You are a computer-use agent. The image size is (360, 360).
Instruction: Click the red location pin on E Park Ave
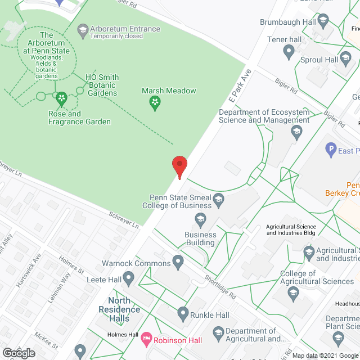click(179, 167)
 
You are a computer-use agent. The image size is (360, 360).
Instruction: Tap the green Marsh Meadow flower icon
click(154, 102)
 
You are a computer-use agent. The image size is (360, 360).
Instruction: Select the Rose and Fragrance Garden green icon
click(62, 100)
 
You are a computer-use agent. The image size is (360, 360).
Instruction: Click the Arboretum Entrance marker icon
click(83, 30)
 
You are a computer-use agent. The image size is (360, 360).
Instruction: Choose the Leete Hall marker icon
click(128, 277)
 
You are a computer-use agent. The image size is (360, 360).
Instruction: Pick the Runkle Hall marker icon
click(182, 313)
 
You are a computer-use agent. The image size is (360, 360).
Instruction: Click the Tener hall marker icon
click(289, 53)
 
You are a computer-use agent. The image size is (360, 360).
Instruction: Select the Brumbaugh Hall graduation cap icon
click(322, 22)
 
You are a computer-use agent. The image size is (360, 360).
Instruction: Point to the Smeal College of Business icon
click(219, 199)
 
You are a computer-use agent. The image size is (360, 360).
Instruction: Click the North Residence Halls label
click(119, 309)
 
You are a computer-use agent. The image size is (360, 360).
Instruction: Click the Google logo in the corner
click(19, 353)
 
